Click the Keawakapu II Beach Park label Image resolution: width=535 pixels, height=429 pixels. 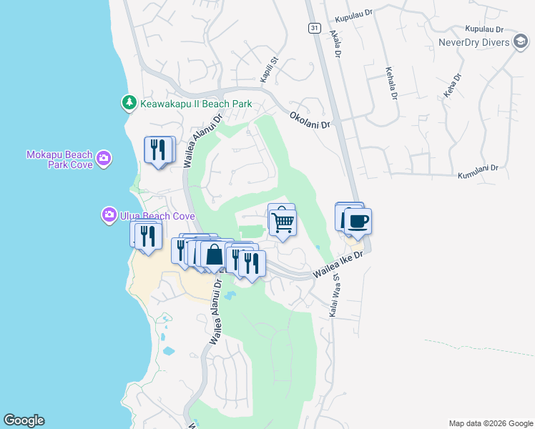coord(196,104)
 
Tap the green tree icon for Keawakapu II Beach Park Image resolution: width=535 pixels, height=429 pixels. coord(129,104)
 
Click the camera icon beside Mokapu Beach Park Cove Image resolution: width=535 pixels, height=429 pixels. coord(104,158)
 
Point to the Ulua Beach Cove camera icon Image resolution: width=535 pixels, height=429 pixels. coord(109,214)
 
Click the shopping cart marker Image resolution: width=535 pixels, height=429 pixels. coord(283,222)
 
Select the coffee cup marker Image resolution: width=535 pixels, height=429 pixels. coord(358,222)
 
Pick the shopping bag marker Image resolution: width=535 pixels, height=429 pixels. coord(215,255)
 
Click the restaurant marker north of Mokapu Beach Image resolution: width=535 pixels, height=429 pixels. coord(159,149)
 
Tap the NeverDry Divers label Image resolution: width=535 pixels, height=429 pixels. coord(476,42)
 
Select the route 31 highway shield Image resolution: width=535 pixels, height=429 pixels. coord(314,28)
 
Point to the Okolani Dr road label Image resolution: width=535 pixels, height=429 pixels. coord(310,119)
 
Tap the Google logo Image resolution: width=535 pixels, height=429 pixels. coord(24,420)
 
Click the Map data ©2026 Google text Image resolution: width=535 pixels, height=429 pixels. coord(490,423)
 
